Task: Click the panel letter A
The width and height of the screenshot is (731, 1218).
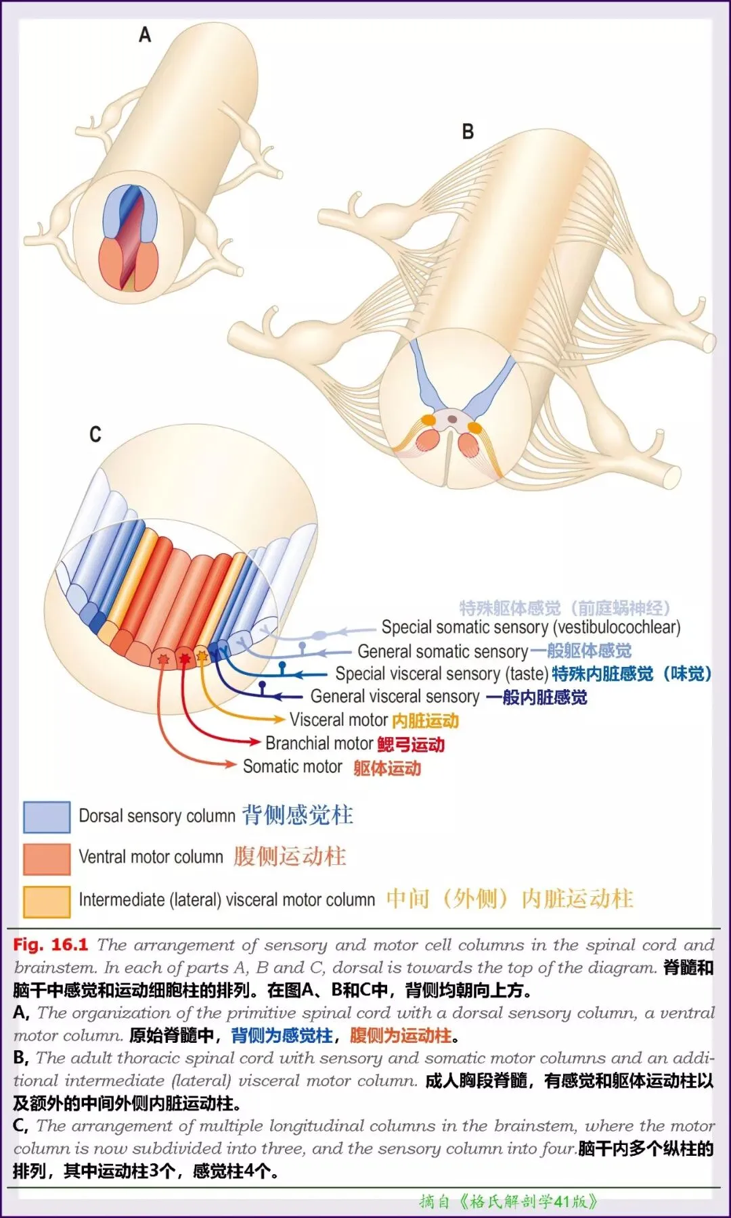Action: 145,34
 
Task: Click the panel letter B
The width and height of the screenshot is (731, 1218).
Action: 468,131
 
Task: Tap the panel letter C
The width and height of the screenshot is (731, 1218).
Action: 95,434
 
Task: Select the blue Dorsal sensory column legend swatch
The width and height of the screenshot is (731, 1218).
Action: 47,816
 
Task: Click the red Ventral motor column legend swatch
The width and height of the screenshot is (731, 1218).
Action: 47,858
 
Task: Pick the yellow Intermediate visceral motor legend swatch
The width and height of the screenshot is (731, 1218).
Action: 47,901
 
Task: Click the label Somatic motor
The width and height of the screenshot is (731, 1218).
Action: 292,766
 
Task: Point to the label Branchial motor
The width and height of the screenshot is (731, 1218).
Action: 319,743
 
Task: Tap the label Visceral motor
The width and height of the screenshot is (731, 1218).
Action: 338,720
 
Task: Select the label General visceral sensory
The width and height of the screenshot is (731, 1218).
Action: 395,696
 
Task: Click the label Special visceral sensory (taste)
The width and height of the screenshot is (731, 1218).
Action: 441,674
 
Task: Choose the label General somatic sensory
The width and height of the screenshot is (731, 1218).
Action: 443,651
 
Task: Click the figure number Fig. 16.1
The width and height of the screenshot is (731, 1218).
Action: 51,945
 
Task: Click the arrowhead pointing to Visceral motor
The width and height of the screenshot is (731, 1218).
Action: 279,719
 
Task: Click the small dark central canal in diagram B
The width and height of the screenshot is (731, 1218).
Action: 452,419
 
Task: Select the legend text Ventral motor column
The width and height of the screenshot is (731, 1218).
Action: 151,857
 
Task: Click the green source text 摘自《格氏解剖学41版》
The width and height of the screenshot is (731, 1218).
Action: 508,1201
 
